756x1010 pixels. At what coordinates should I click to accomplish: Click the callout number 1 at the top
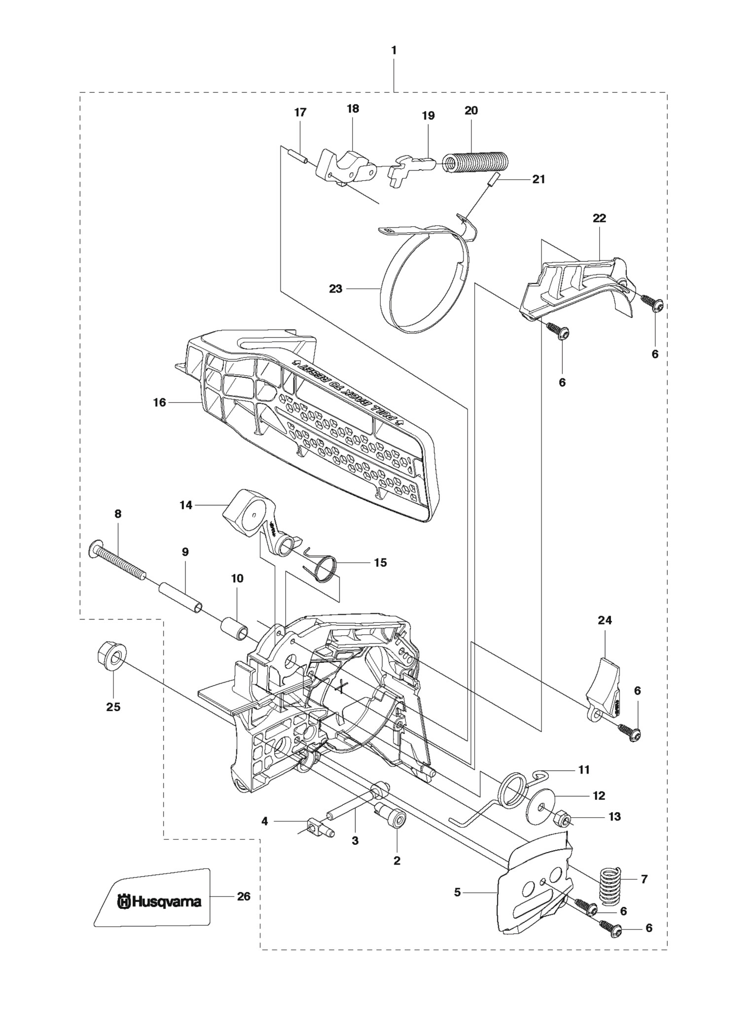tap(394, 50)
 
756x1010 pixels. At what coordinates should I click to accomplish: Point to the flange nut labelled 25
tap(113, 659)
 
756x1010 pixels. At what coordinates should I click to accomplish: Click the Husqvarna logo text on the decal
tap(159, 902)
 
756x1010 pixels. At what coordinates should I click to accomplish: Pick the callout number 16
tap(159, 402)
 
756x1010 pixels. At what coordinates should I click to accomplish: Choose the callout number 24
tap(605, 620)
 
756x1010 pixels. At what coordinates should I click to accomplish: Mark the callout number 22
tap(599, 218)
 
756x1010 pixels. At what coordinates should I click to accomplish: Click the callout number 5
tap(457, 892)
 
